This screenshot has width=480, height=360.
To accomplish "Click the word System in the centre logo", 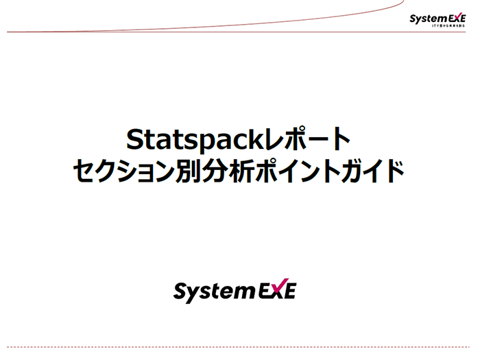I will [x=213, y=291].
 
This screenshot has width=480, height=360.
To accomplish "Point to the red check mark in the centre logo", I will [x=278, y=287].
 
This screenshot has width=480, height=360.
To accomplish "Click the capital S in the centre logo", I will [x=182, y=291].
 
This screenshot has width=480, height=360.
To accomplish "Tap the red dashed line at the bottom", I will [x=240, y=347].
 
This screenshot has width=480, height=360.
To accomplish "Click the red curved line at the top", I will [x=206, y=27].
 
